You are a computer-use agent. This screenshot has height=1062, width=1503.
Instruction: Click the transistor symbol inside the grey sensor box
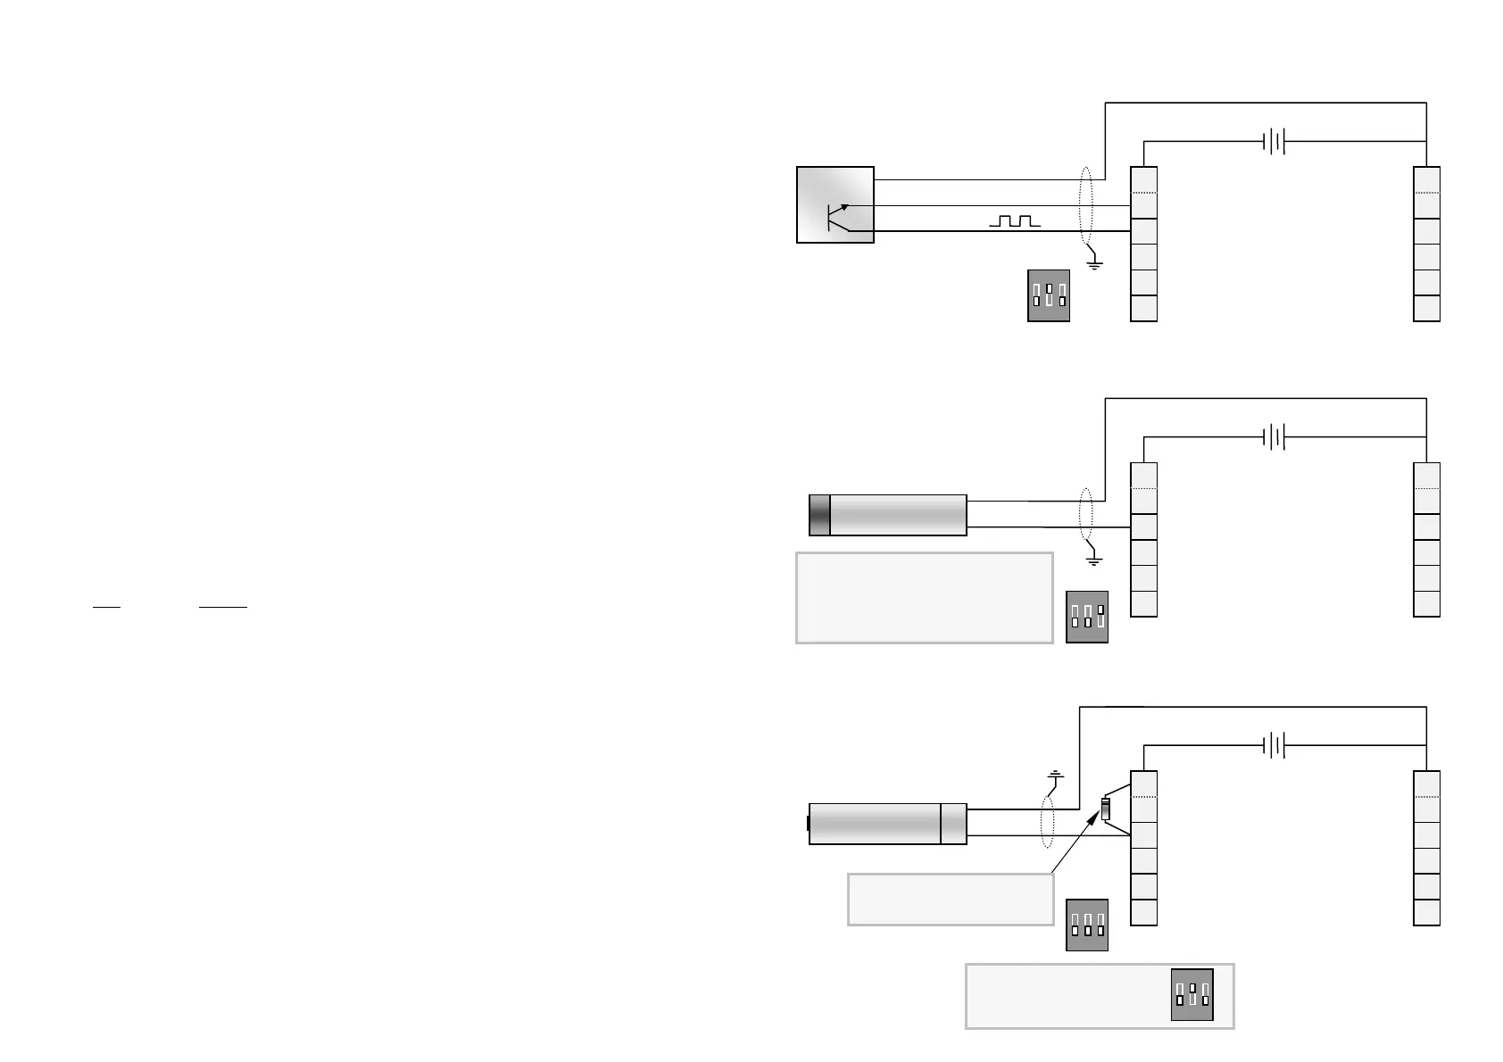pyautogui.click(x=837, y=216)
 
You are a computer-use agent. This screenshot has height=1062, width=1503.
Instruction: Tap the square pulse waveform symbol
pyautogui.click(x=1015, y=220)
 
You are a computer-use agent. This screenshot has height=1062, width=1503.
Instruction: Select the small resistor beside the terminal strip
pyautogui.click(x=1106, y=809)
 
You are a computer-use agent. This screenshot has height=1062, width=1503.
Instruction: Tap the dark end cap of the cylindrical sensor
pyautogui.click(x=819, y=515)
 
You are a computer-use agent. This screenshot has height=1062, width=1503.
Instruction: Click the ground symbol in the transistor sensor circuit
pyautogui.click(x=1095, y=264)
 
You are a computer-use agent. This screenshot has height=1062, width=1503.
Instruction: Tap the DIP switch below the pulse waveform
pyautogui.click(x=1049, y=295)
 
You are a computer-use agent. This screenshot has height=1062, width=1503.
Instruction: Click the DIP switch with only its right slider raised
pyautogui.click(x=1087, y=617)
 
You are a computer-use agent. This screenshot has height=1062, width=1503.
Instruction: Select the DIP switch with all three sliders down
pyautogui.click(x=1087, y=925)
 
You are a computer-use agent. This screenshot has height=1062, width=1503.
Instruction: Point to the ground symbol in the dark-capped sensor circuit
pyautogui.click(x=1093, y=560)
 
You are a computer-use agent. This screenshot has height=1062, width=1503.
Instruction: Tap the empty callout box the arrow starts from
pyautogui.click(x=950, y=899)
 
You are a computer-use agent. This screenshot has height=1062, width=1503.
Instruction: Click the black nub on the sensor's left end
pyautogui.click(x=808, y=823)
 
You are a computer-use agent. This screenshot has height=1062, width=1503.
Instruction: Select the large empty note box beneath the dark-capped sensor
pyautogui.click(x=924, y=597)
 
